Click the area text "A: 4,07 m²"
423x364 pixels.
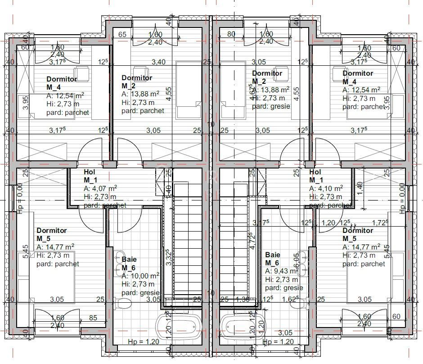pos(100,188)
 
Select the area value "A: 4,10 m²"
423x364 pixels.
pos(326,188)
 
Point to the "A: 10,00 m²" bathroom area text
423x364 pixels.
pos(140,276)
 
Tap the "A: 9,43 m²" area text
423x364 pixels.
pos(281,271)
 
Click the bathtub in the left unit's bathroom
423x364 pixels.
pos(179,324)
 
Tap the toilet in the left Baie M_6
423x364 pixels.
pos(121,304)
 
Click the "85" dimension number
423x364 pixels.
pos(93,318)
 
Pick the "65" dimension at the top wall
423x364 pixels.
pos(122,34)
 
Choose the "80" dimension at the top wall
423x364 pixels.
pos(232,34)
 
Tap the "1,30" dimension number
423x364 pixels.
pos(243,299)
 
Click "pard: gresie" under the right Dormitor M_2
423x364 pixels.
pos(271,106)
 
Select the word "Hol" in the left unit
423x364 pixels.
pos(89,172)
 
